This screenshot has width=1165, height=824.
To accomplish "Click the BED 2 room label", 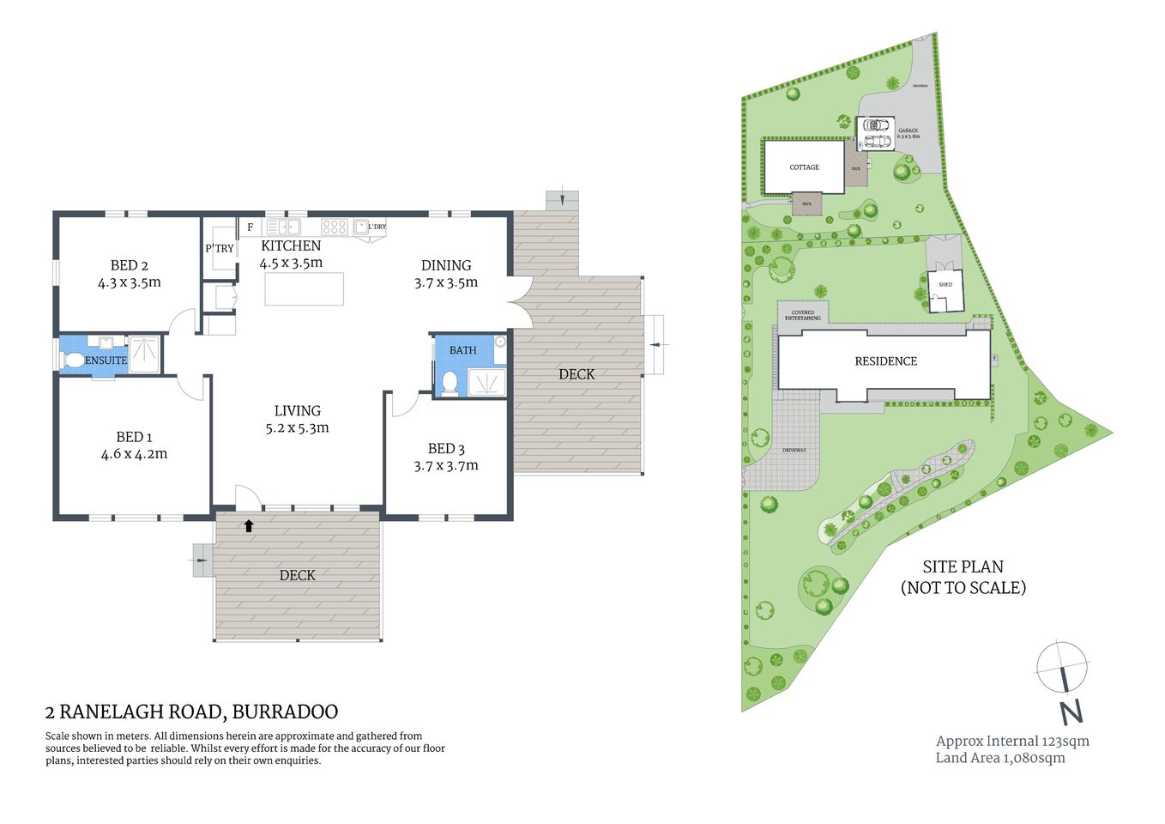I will [x=130, y=265].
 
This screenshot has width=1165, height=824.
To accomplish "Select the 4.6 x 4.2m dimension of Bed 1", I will [x=134, y=454].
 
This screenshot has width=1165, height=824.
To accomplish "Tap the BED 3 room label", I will [x=446, y=448].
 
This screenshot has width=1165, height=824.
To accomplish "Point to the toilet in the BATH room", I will [x=450, y=381].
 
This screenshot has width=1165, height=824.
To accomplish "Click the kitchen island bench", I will [x=305, y=289].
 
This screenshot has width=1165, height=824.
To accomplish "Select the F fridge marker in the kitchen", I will [x=251, y=227].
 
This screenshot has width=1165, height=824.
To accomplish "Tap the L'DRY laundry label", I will [x=377, y=227].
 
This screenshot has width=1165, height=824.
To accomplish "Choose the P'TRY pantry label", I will [x=220, y=248].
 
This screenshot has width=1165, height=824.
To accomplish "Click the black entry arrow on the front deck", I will [x=249, y=525].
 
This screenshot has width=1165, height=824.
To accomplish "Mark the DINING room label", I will [x=446, y=265].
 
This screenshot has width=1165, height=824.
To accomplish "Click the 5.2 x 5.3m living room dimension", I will [x=297, y=427].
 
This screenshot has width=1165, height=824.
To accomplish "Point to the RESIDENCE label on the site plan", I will [x=886, y=361].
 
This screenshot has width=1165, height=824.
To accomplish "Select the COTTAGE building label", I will [x=804, y=167].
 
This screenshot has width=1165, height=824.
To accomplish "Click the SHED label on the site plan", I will [x=945, y=284].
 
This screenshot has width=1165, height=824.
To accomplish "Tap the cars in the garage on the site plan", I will [x=876, y=133].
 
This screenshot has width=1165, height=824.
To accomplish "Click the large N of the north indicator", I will [x=1070, y=712].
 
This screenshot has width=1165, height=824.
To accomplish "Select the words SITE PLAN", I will [x=963, y=566].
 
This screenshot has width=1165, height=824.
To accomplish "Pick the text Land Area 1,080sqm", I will [x=1000, y=758].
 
